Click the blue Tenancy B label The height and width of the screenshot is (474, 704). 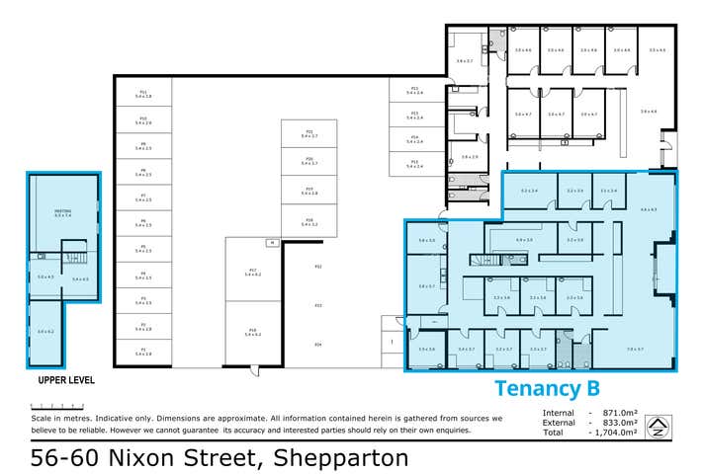[x=547, y=388]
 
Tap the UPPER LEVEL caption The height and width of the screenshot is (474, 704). [x=60, y=379]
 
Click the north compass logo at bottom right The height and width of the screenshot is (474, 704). [x=658, y=427]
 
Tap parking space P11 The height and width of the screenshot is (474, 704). [x=143, y=94]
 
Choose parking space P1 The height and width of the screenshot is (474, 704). [x=143, y=351]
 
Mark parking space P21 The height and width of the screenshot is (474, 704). [x=308, y=132]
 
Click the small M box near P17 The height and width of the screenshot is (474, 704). [x=269, y=242]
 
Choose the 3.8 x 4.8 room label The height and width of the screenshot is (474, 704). [x=649, y=112]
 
